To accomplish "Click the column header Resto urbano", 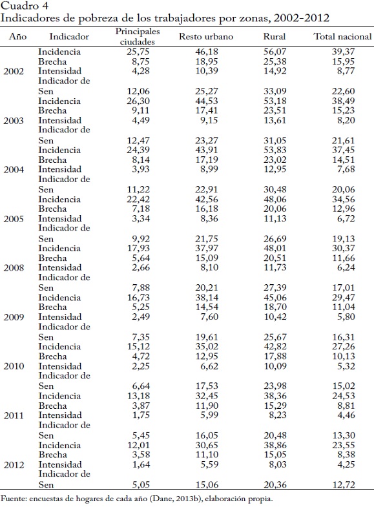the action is [206, 36].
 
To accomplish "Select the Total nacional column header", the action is [342, 36].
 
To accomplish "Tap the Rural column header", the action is [275, 36].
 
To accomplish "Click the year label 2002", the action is [14, 71].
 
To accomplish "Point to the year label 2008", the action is [14, 268].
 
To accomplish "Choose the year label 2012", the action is [14, 464].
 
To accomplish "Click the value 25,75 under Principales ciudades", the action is [138, 52].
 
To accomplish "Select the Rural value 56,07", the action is [275, 52].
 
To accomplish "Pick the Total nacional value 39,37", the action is [343, 52].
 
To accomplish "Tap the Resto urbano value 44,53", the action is [207, 101].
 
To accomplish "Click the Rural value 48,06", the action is [275, 199].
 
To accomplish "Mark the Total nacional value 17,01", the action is [343, 287].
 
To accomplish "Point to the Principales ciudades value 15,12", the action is [138, 346].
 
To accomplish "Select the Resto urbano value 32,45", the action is [207, 396].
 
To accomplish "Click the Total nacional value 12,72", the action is [344, 484].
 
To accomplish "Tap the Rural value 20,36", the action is [275, 484].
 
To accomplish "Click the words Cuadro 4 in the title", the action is [25, 6].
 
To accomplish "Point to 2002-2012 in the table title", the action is [301, 18].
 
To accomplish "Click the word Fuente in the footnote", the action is [13, 499].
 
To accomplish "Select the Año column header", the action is [18, 36].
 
